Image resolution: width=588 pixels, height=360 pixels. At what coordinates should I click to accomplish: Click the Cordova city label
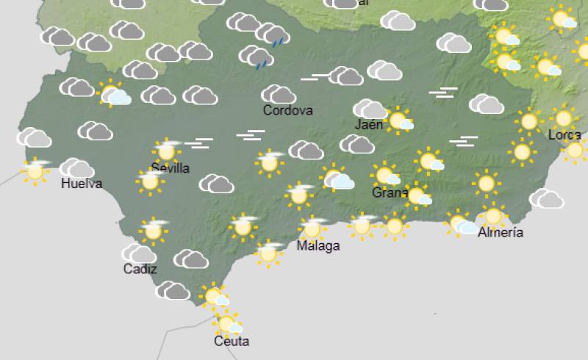[x=288, y=111]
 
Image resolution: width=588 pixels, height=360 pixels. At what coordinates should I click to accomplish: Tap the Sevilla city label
[x=170, y=168]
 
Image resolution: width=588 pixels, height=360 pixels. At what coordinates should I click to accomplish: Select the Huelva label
[x=82, y=184]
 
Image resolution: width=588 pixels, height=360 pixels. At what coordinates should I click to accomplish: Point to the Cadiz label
[x=140, y=269]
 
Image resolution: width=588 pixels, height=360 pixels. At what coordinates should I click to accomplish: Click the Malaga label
[x=318, y=246]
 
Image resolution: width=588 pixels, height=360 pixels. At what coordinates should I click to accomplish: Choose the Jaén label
[x=369, y=125]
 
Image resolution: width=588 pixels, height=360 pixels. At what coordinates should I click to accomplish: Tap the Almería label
[x=501, y=233]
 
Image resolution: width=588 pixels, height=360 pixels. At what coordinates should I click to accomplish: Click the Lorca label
[x=564, y=135]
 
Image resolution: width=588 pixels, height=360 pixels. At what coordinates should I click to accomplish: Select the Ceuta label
[x=232, y=342]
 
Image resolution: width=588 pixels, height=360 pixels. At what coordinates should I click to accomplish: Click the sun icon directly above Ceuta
[x=226, y=323]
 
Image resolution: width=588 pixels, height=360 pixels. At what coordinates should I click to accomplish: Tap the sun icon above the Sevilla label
[x=167, y=151]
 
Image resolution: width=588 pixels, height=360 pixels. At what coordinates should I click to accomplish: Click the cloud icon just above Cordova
[x=279, y=94]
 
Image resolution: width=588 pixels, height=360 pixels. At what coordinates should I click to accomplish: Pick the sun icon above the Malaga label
[x=312, y=228]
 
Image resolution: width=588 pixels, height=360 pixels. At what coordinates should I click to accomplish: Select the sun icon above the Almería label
[x=492, y=216]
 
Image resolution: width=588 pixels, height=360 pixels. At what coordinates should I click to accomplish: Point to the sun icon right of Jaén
[x=398, y=120]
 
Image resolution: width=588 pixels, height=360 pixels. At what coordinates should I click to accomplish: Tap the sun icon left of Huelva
[x=35, y=171]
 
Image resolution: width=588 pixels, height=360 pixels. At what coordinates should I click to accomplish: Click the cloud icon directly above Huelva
[x=76, y=168]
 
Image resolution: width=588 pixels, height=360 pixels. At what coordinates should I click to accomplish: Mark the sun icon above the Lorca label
[x=564, y=118]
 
